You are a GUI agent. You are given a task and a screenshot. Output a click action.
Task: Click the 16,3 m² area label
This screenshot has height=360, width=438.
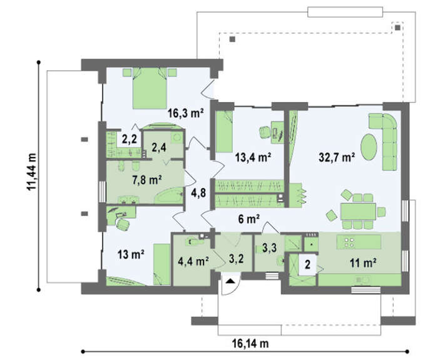(x=185, y=113)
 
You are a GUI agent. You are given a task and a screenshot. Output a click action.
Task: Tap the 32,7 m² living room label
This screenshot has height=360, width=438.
(x=337, y=157)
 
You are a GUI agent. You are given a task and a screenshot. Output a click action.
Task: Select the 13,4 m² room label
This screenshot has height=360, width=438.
(x=253, y=157)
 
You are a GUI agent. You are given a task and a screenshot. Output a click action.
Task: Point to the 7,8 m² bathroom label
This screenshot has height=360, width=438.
(x=147, y=180)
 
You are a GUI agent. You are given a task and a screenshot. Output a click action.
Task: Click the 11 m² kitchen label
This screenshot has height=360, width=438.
(x=363, y=263)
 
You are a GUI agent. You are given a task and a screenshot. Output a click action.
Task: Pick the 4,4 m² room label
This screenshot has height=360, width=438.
(x=193, y=261)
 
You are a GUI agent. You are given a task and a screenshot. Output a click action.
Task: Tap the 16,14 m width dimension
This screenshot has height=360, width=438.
(x=250, y=343)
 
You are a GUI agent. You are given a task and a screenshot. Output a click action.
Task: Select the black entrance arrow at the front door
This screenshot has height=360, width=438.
(x=230, y=281)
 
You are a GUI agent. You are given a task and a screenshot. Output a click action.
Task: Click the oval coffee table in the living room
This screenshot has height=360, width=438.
(x=369, y=147)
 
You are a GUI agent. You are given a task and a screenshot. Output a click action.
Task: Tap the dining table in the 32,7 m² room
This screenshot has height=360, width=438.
(x=358, y=212)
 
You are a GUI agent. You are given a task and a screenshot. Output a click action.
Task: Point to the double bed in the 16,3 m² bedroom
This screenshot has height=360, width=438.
(x=150, y=88)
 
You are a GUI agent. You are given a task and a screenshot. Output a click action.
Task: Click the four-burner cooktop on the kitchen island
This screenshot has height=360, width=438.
(x=349, y=242)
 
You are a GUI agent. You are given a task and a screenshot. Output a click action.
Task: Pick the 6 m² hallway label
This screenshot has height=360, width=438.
(x=249, y=219)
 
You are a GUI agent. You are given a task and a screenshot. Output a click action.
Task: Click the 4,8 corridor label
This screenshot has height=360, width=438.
(x=198, y=193)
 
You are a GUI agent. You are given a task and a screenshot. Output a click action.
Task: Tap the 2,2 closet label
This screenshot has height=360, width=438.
(x=130, y=138)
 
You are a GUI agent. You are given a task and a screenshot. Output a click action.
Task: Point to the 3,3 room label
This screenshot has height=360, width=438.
(x=270, y=248)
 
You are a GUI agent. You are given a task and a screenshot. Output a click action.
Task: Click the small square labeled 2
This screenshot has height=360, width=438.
(x=308, y=264)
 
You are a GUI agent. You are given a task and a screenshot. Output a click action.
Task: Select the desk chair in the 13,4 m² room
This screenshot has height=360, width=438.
(x=264, y=132)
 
